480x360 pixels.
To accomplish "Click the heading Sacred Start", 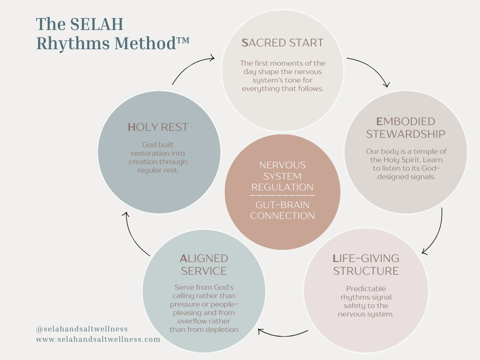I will coord(282,43).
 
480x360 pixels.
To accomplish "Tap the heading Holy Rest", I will coord(158,127).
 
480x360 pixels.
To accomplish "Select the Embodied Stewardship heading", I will coord(405,127).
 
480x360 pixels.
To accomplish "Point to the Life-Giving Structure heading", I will coord(366,264).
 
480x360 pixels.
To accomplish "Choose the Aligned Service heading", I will coord(204,264).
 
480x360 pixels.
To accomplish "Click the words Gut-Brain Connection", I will coord(282,210).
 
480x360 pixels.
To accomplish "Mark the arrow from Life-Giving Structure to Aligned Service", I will coord(281,334).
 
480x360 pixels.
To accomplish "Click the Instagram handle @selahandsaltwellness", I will coord(82,329).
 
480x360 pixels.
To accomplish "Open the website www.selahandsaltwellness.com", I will coord(98,339).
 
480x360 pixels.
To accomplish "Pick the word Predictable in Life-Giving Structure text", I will coord(366,289).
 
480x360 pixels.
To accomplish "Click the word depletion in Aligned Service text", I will coord(221,329).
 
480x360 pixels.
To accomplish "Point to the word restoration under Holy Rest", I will coord(158,153).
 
